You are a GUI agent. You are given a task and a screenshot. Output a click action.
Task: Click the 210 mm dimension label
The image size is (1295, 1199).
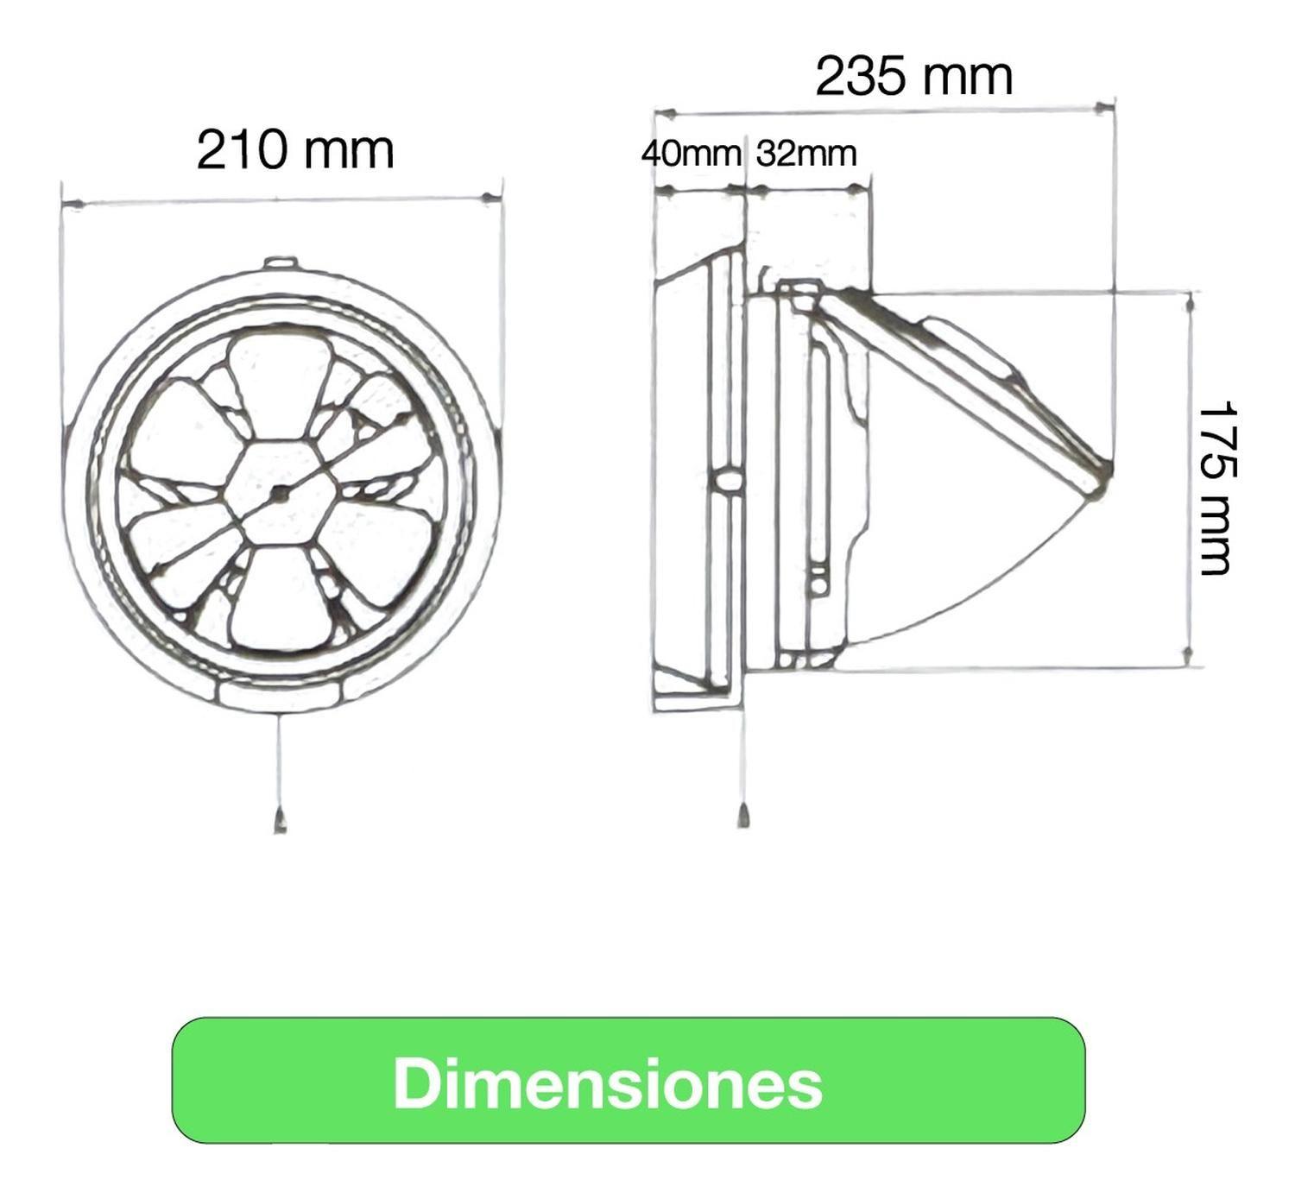(295, 149)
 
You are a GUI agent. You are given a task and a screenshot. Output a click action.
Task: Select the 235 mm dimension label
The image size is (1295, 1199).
(913, 76)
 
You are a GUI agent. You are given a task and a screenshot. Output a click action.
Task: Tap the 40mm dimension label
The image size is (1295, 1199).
(691, 154)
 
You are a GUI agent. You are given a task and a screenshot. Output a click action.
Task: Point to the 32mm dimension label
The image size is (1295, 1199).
(806, 154)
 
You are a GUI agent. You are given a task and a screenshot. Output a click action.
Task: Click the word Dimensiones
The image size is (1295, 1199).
(608, 1083)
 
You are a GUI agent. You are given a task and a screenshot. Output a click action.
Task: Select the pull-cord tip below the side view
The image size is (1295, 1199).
(743, 816)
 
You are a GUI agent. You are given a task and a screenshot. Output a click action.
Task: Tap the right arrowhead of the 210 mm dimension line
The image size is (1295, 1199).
(490, 199)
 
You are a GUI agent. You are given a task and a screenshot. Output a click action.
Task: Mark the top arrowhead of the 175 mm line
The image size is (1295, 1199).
(1191, 303)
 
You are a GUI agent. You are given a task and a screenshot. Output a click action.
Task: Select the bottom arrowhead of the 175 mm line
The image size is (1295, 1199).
(1189, 656)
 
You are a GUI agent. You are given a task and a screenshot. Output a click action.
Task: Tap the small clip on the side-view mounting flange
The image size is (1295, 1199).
(727, 481)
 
